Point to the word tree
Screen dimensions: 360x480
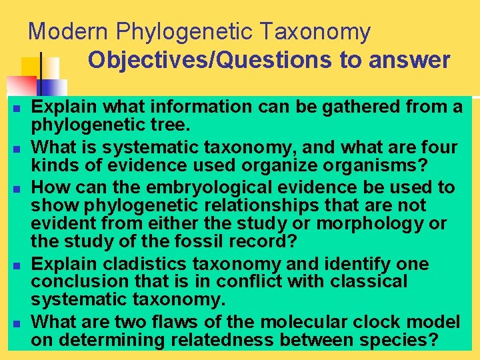pyautogui.click(x=172, y=125)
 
